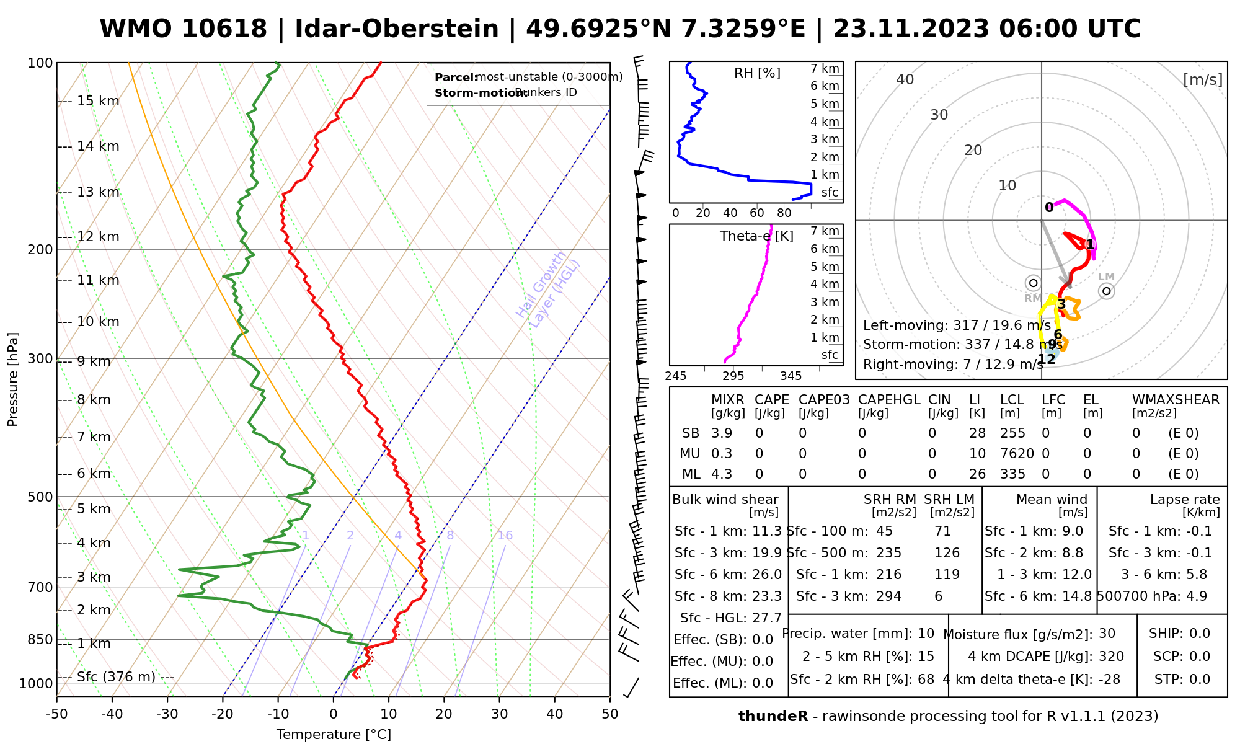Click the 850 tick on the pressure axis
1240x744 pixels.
click(x=40, y=639)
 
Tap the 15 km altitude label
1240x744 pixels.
click(x=98, y=101)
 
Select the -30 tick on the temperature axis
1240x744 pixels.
click(x=167, y=714)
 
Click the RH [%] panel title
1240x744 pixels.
click(x=757, y=73)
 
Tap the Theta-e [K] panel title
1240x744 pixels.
click(x=756, y=236)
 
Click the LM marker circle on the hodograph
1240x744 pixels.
click(x=1106, y=291)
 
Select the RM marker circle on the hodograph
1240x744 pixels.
click(x=1033, y=283)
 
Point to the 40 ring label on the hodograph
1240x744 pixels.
click(x=905, y=79)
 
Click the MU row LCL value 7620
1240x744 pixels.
click(x=1017, y=454)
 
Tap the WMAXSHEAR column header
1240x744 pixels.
click(x=1176, y=400)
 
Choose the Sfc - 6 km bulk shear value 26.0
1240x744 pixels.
click(x=767, y=575)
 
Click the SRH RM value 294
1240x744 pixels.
click(x=888, y=596)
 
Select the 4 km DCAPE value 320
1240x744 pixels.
click(x=1111, y=657)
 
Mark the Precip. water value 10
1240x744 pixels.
click(x=926, y=634)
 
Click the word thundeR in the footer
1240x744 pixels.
click(x=773, y=717)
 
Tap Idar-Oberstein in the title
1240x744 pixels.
click(x=397, y=29)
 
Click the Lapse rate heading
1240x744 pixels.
click(x=1185, y=500)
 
